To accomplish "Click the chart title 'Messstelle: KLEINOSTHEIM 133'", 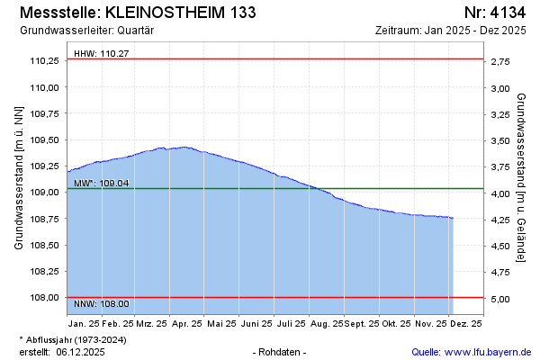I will point(136,13).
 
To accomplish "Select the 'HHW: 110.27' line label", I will point(101,54).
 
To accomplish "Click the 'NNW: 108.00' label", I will point(101,304).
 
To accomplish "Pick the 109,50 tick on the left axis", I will point(45,140).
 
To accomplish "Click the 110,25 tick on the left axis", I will point(45,61).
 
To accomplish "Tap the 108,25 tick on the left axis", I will point(45,272).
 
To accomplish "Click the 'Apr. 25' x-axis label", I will point(186,323).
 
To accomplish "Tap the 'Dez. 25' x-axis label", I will point(466,323).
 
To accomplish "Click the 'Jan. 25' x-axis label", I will point(83,323).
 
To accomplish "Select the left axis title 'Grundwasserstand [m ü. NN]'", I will point(19,176).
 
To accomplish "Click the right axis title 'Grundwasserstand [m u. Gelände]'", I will point(521,176).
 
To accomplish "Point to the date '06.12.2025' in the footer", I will point(80,352).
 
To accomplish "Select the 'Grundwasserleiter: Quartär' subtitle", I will point(85,30).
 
